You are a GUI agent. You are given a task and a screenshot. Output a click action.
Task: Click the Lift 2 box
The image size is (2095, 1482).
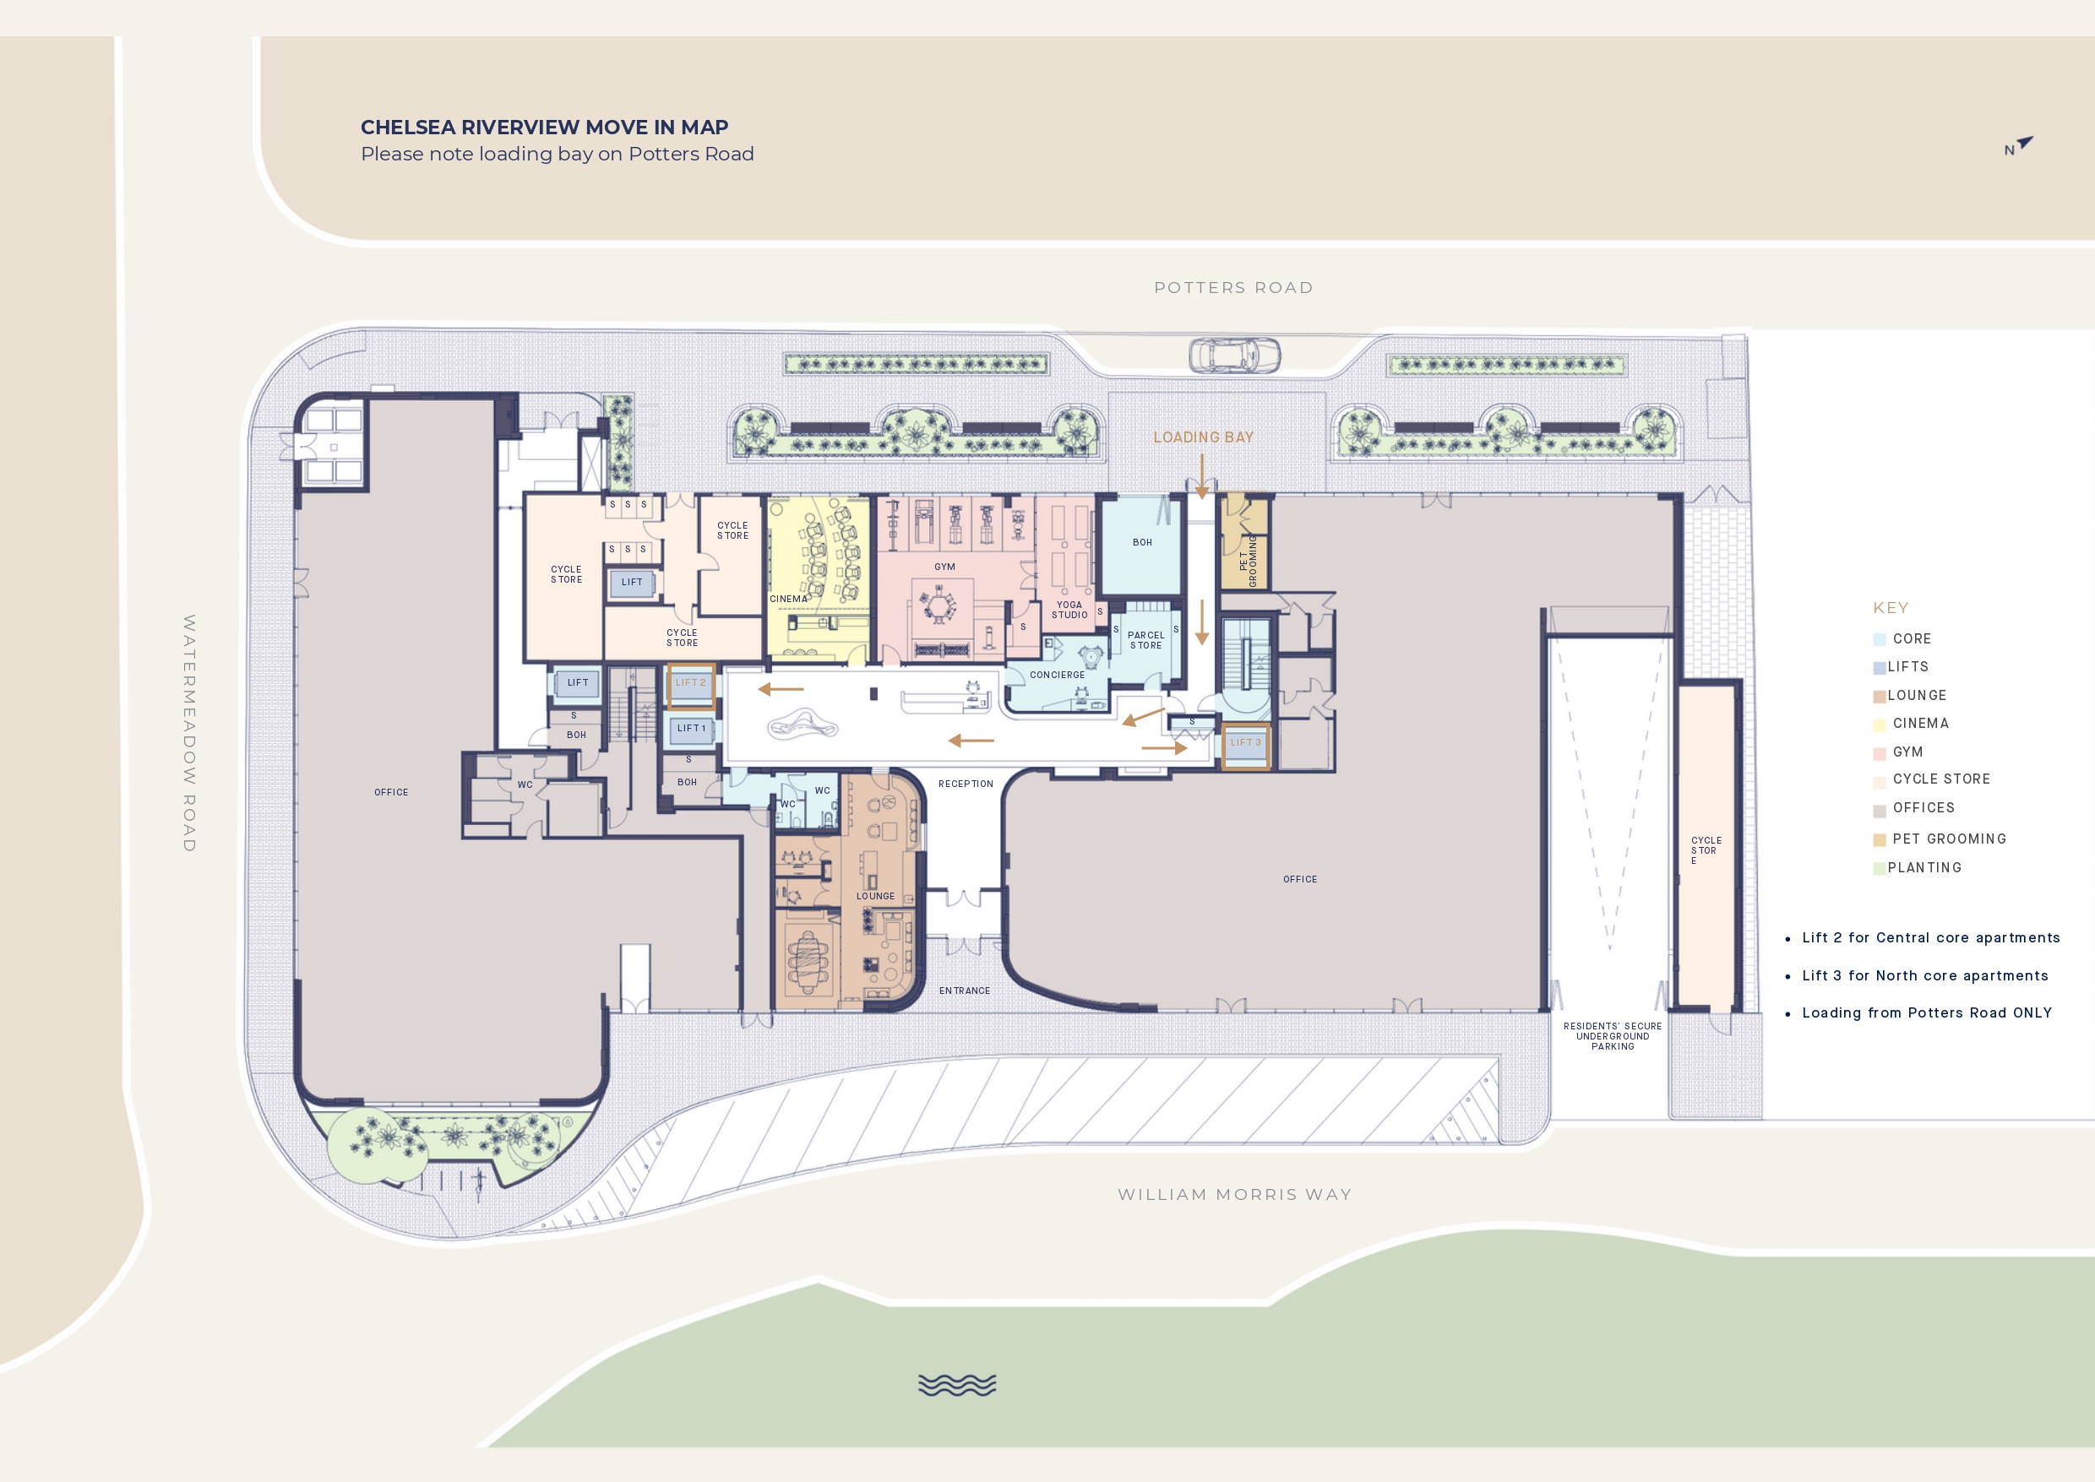690,687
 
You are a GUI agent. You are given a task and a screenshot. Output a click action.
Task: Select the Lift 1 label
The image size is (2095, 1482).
691,728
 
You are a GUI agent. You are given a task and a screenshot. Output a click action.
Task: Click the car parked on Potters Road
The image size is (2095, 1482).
1234,355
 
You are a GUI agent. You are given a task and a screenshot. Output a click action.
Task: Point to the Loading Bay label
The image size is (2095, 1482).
1203,437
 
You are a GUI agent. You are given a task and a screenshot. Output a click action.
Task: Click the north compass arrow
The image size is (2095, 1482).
2025,143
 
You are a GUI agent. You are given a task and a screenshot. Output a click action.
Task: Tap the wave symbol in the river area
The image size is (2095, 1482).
956,1384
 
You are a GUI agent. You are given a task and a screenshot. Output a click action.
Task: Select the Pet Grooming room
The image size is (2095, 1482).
1245,541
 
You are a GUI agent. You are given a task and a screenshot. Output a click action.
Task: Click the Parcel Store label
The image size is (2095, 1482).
1145,640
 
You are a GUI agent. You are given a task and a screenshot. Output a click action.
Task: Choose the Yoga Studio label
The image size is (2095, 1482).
1069,610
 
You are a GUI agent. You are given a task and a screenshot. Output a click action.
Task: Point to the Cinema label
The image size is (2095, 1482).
788,599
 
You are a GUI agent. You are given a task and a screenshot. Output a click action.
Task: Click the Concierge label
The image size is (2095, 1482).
1057,675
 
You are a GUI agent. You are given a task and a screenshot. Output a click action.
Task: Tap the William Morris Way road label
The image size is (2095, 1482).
1234,1194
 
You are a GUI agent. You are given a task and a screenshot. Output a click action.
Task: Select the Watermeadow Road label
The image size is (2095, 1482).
189,733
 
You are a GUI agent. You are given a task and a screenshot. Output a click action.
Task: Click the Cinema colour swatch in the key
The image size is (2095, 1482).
1879,725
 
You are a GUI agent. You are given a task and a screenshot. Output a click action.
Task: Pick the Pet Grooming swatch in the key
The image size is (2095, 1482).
1879,839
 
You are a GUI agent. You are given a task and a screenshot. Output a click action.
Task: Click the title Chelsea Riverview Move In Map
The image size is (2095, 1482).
544,127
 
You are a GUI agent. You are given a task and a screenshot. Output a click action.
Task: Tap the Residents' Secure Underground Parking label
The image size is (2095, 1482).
1612,1036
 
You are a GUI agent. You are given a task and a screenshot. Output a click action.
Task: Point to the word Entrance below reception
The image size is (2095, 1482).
964,991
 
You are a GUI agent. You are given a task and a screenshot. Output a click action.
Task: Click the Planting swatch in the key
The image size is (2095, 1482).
1879,868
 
